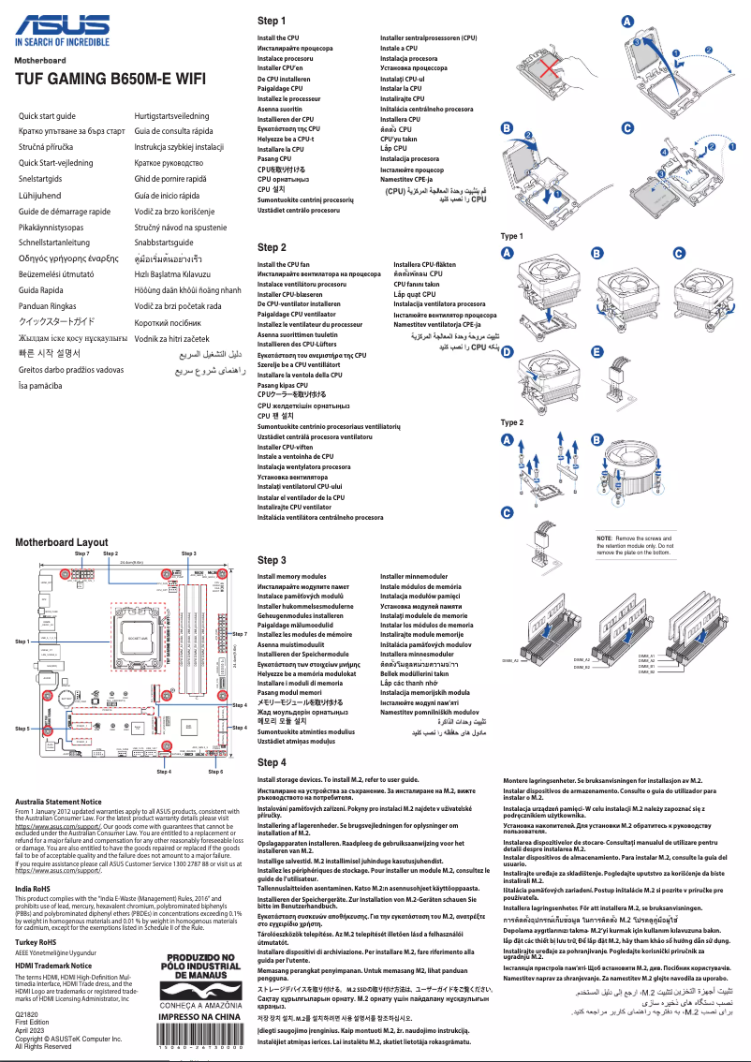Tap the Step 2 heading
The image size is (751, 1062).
tap(272, 247)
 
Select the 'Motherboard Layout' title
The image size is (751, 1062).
tap(61, 542)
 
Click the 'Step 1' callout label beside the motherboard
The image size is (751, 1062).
tap(22, 642)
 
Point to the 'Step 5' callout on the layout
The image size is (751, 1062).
tap(22, 728)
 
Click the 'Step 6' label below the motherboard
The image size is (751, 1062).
tap(215, 772)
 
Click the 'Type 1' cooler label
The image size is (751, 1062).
tap(512, 236)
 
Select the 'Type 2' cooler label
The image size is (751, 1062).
tap(512, 422)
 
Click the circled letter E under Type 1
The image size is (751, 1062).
tap(596, 352)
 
